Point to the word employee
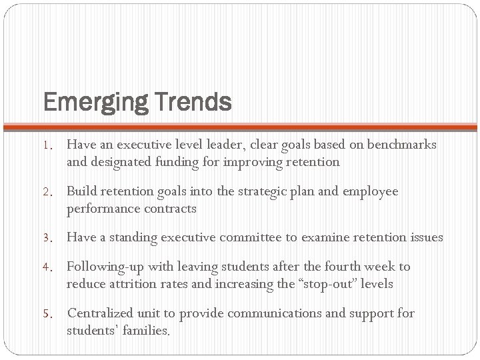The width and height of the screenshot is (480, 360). tap(369, 191)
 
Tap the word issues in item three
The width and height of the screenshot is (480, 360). tap(424, 237)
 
